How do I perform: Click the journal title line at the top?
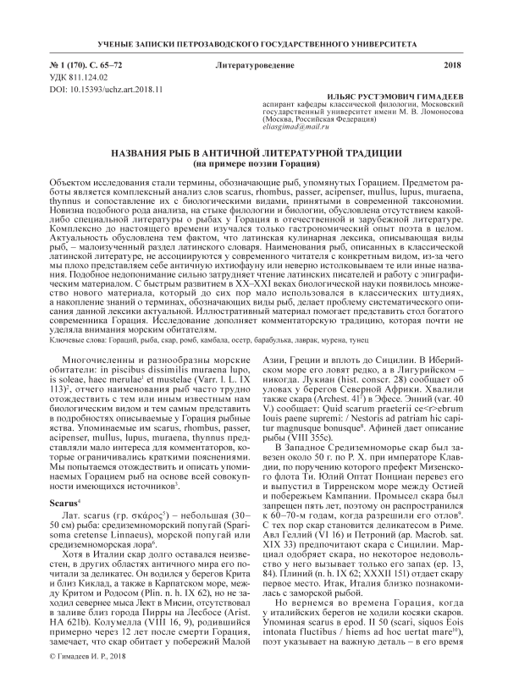tap(254, 42)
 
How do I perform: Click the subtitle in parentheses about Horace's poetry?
tap(254, 162)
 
